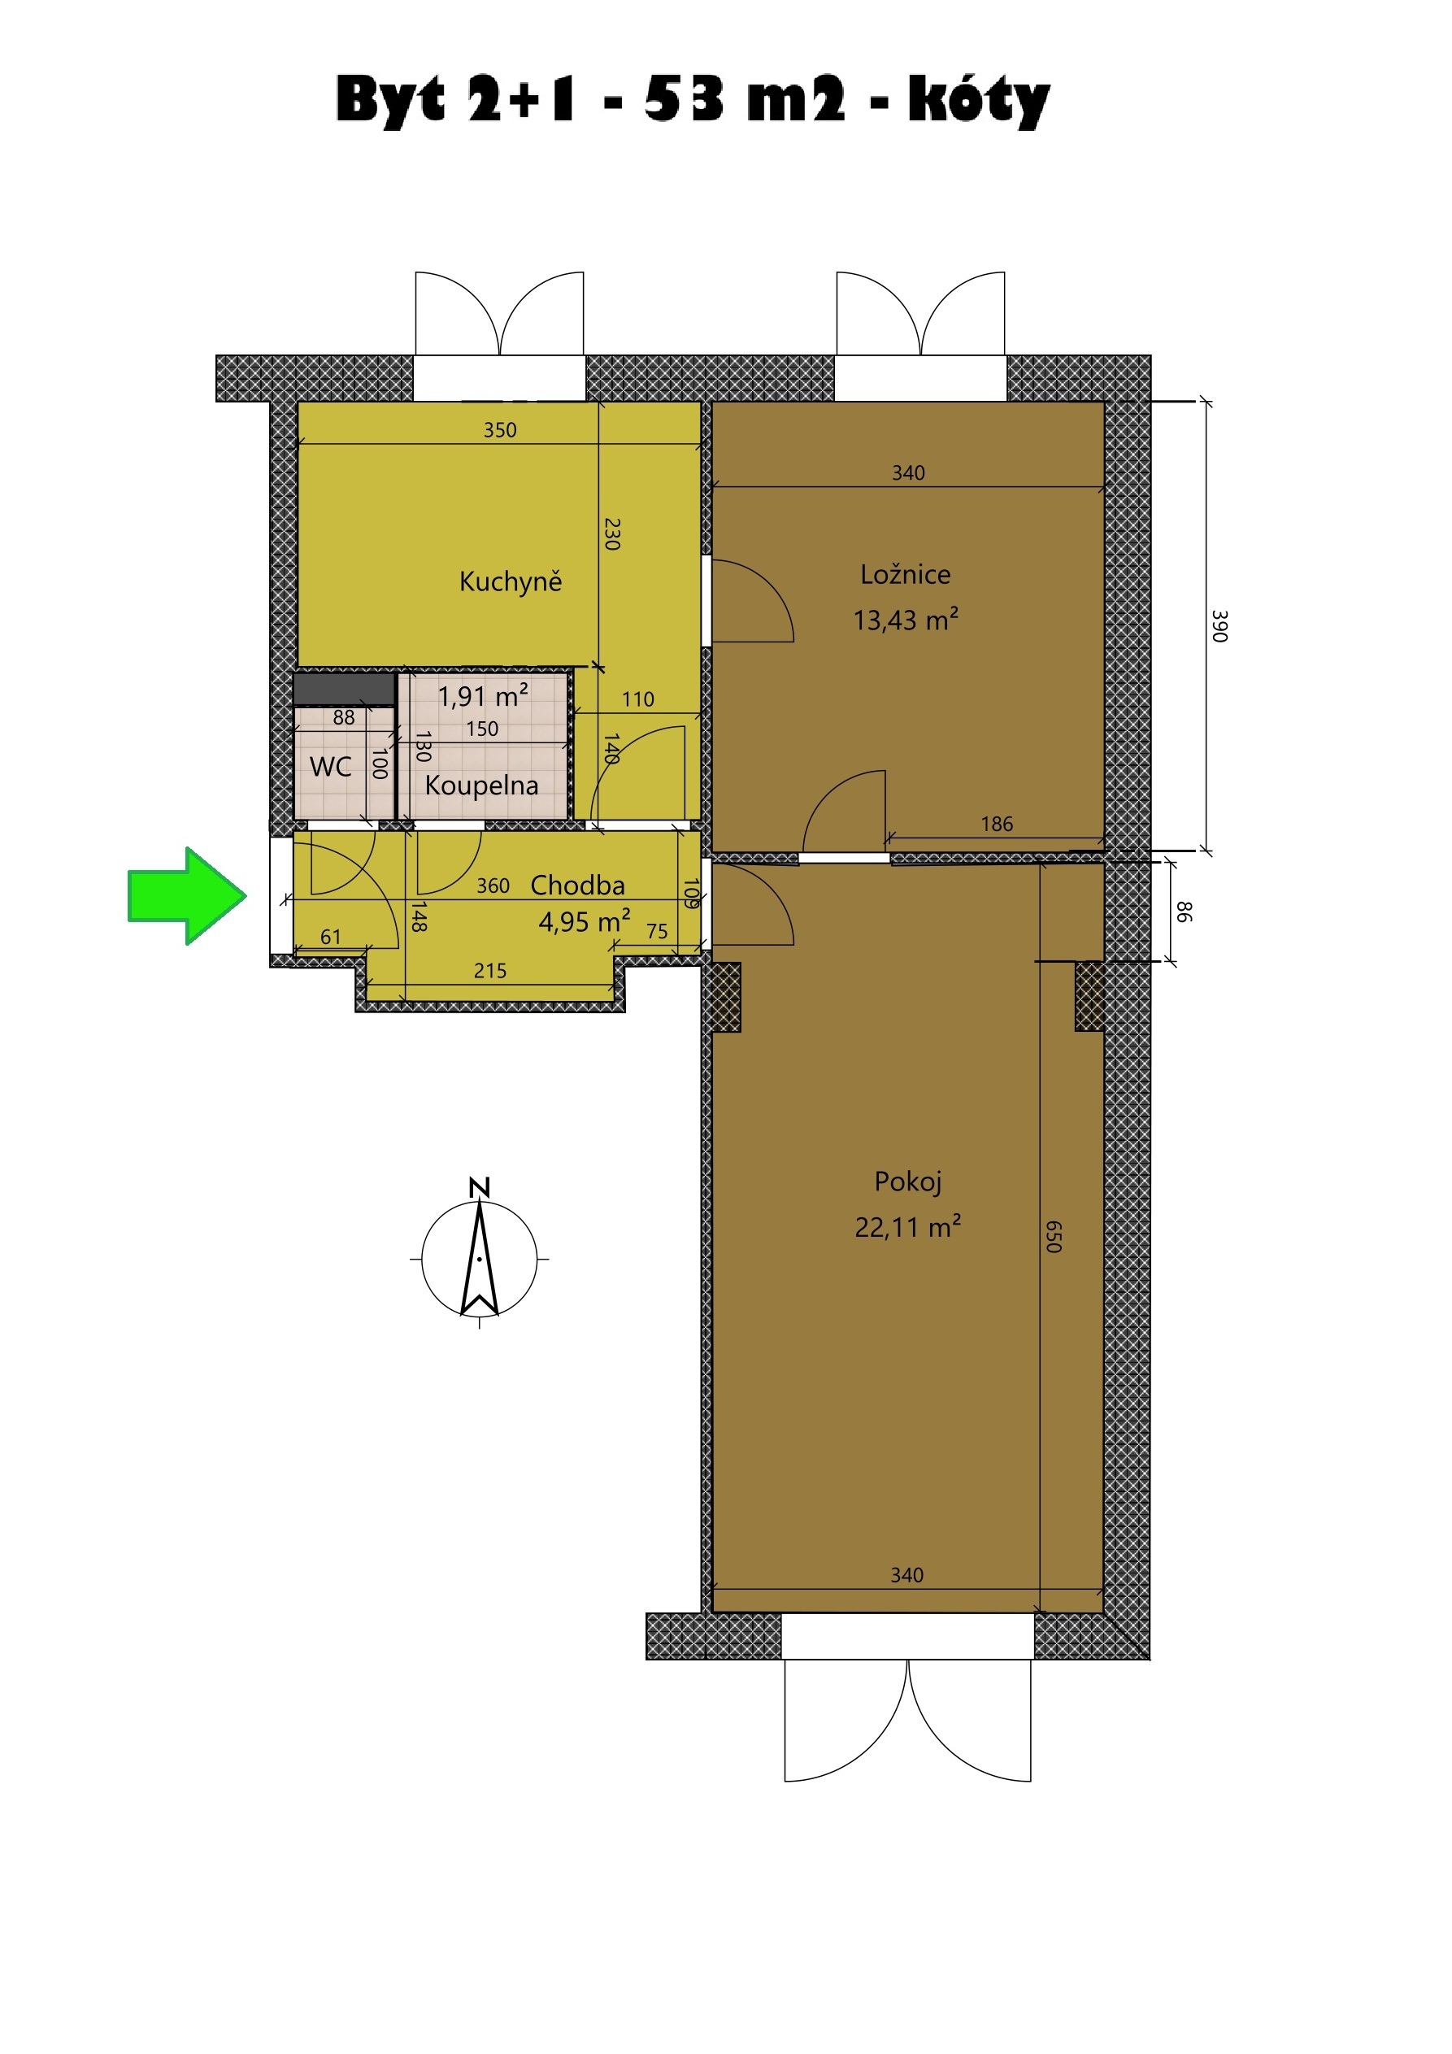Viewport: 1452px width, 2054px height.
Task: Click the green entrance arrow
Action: coord(187,895)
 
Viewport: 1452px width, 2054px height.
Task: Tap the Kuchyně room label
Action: coord(511,581)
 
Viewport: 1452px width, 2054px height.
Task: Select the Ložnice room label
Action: coord(906,574)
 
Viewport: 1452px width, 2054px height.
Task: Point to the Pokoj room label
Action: coord(908,1181)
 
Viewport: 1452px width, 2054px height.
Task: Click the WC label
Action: coord(330,767)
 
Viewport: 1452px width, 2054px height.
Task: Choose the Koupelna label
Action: coord(482,785)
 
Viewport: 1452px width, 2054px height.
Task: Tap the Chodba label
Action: coord(578,885)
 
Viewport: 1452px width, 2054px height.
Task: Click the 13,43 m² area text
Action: coord(906,619)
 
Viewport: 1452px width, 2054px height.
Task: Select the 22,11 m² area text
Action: coord(908,1225)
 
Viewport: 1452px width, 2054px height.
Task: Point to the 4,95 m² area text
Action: coord(585,920)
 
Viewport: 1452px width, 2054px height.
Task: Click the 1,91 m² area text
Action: coord(483,695)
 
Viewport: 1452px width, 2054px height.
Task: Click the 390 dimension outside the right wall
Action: coord(1219,625)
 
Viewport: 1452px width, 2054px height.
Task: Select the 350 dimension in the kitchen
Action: coord(500,430)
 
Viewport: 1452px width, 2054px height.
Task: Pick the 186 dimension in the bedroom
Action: coord(997,824)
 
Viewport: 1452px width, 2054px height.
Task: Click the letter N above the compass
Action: coord(480,1188)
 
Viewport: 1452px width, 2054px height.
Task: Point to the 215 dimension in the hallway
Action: coord(490,971)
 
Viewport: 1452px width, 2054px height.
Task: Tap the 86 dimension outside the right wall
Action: coord(1184,912)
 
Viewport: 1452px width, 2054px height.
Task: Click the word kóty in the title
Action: coord(979,98)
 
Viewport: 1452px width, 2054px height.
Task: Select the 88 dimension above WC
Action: coord(344,717)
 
